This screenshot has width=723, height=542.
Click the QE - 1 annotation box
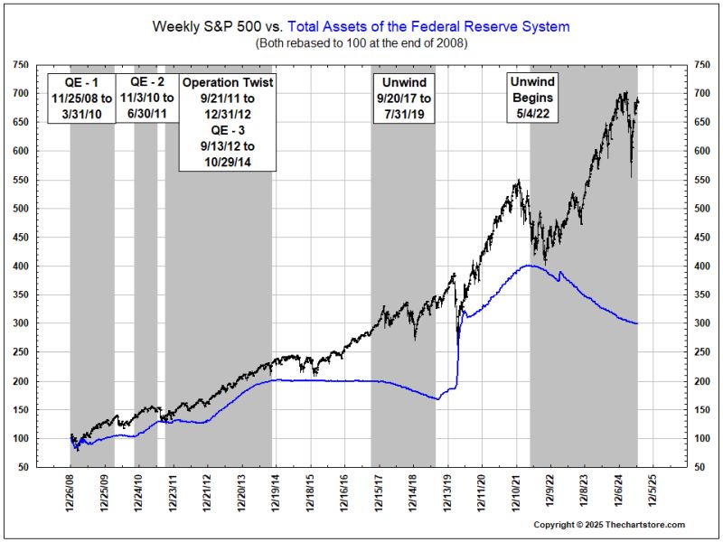[80, 101]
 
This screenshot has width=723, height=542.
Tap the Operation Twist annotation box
[227, 122]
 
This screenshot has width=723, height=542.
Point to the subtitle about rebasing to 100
[361, 42]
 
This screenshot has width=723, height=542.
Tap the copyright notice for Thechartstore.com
[608, 525]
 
